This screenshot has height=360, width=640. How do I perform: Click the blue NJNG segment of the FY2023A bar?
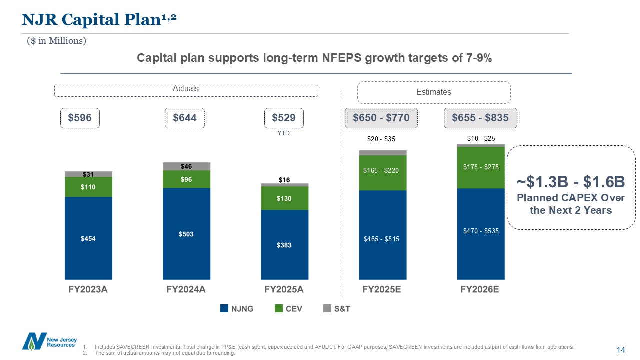point(88,238)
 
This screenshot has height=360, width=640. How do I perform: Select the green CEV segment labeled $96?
point(186,179)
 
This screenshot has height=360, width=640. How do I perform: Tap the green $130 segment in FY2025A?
point(284,198)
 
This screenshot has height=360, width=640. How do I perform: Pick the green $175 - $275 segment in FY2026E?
point(480,167)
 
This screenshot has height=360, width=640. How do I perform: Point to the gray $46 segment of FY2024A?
point(186,166)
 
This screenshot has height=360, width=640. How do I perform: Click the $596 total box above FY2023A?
point(80,118)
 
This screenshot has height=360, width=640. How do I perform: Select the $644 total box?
point(185,118)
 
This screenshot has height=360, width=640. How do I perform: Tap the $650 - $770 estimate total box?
point(381,118)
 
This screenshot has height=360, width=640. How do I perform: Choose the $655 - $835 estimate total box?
point(480,118)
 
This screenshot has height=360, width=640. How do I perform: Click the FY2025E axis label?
point(382,290)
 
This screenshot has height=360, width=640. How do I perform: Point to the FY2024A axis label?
point(186,290)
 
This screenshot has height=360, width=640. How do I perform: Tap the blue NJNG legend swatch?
point(224,309)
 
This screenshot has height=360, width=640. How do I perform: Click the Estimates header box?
point(433,92)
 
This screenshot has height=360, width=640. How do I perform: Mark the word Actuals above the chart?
point(185,89)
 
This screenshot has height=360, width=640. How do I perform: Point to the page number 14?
point(621,350)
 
